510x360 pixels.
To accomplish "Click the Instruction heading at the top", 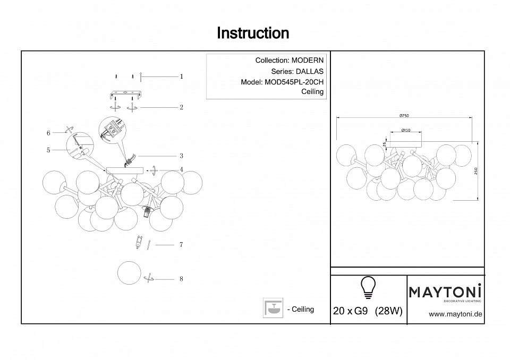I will (253, 33).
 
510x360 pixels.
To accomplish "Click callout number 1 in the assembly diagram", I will (181, 76).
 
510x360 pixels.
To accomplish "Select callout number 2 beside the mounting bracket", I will (181, 107).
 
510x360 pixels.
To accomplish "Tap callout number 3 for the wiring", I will (181, 156).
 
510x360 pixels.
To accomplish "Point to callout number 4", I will (181, 170).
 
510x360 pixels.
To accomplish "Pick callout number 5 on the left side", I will (48, 150).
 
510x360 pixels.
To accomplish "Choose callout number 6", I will (48, 133).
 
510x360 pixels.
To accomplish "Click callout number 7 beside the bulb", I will (181, 245).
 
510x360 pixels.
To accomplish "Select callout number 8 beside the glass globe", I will (181, 279).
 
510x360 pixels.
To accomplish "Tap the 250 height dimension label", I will (477, 171).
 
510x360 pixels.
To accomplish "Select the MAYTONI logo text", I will (445, 292).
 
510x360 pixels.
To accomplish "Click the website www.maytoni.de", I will (455, 314).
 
